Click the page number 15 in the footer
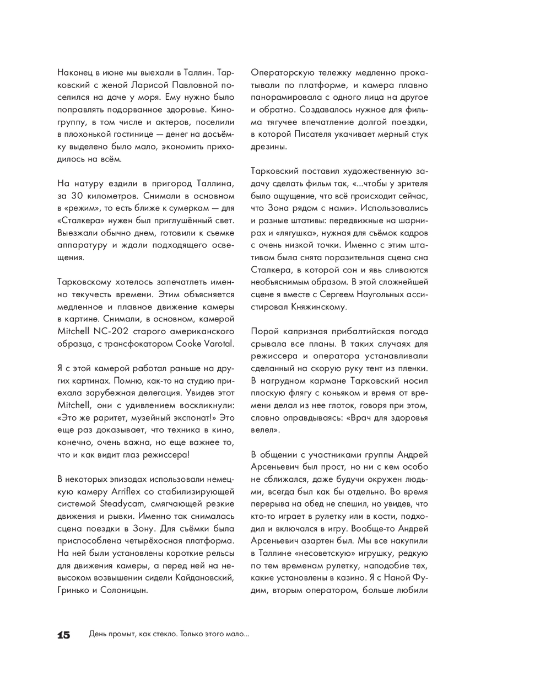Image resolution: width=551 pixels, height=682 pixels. pos(64,635)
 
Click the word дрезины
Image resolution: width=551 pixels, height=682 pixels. pos(269,146)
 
